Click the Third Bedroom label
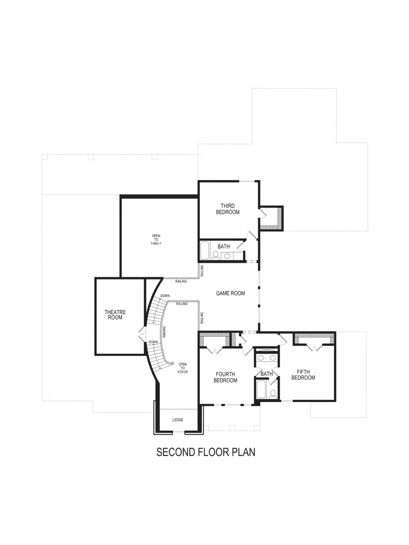(x=227, y=209)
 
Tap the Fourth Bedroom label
(x=225, y=377)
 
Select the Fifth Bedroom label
(x=303, y=375)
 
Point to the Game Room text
(x=230, y=293)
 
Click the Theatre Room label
(x=115, y=314)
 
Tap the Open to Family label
(x=156, y=240)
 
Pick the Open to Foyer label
(x=182, y=368)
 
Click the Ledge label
(x=178, y=419)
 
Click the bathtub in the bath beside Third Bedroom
(x=205, y=251)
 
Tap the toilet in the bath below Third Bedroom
(x=215, y=255)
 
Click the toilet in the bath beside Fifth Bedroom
(x=273, y=394)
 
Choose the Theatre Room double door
(x=142, y=334)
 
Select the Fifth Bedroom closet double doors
(x=315, y=348)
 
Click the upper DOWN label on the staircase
(x=165, y=296)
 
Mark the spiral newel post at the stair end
(x=172, y=363)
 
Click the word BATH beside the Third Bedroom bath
(x=224, y=247)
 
